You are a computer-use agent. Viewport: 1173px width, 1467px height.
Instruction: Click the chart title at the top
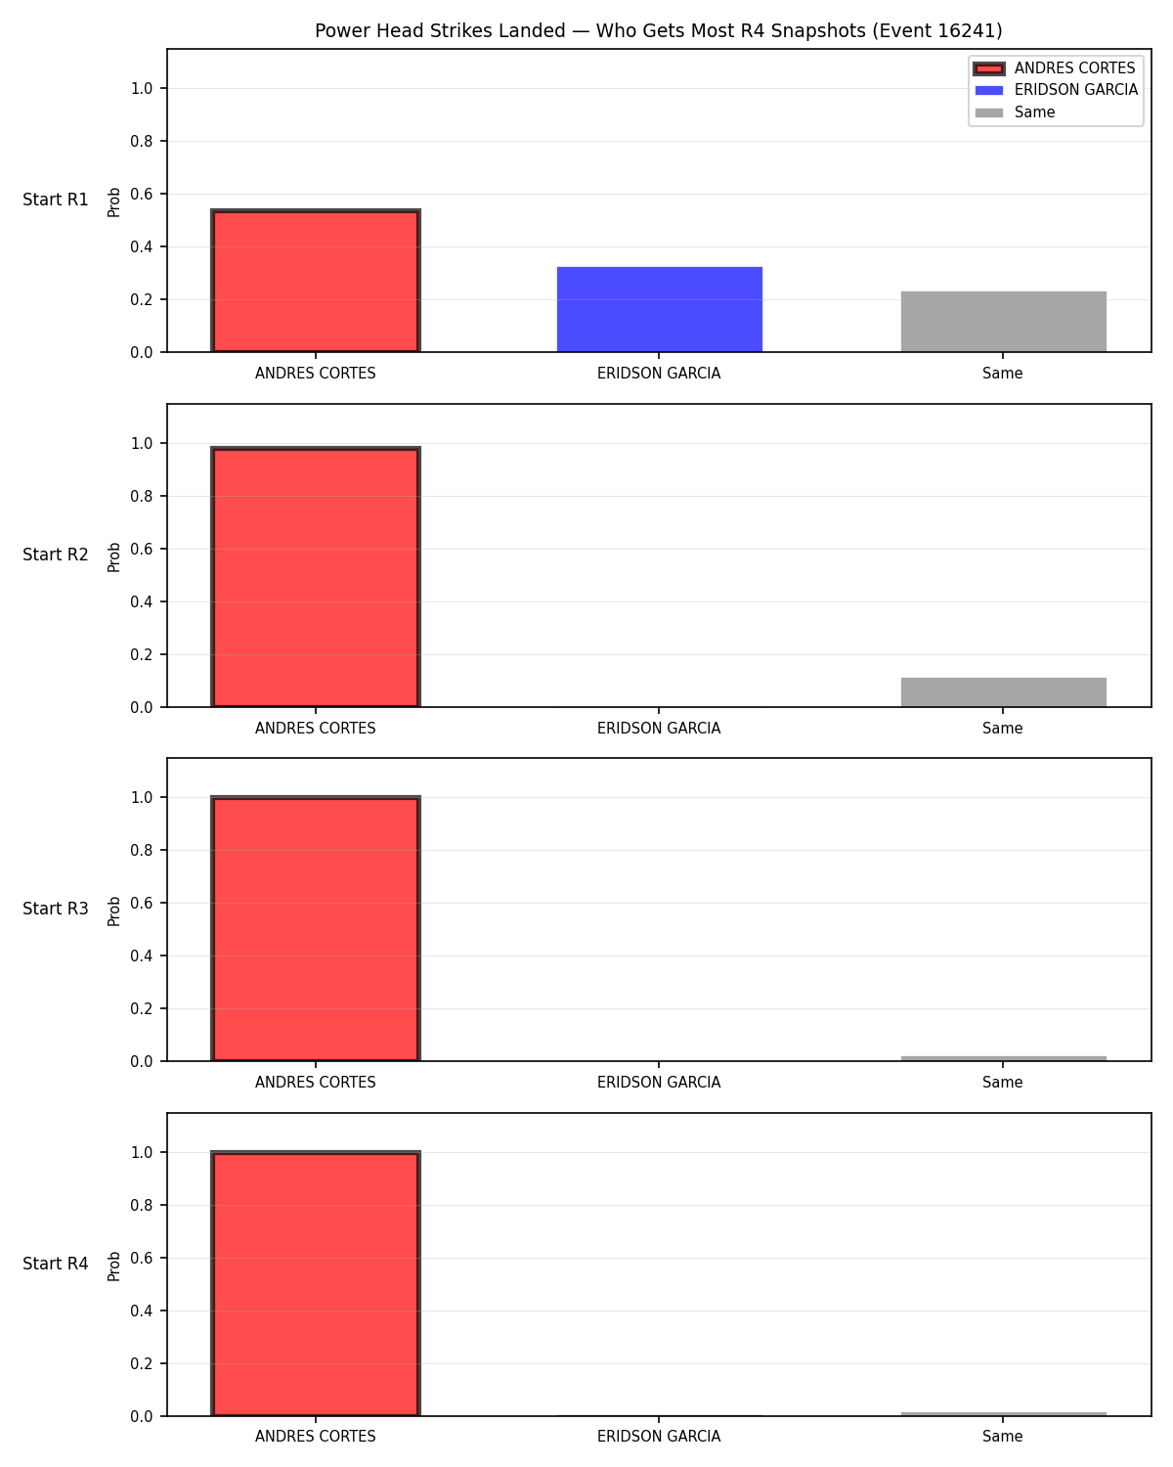(x=658, y=30)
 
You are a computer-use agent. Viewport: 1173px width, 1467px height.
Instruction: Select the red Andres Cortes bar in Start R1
(x=316, y=280)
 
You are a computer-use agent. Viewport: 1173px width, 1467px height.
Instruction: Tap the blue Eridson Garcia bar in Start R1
(x=659, y=309)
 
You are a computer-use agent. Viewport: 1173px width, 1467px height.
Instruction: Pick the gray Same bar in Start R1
(x=1003, y=321)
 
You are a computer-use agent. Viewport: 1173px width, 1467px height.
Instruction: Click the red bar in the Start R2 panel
(x=316, y=577)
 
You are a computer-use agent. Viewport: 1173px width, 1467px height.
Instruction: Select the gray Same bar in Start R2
(x=1003, y=691)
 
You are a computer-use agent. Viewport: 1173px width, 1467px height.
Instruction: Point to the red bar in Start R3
(x=316, y=928)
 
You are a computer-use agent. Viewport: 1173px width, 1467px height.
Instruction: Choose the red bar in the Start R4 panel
(x=316, y=1283)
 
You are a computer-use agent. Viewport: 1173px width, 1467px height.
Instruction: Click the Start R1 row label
(x=55, y=200)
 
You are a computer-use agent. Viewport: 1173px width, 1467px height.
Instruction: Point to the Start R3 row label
(x=55, y=909)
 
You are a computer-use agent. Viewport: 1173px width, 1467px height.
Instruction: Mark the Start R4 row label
(x=55, y=1264)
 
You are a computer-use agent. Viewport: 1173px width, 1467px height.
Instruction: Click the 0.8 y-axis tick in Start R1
(x=141, y=141)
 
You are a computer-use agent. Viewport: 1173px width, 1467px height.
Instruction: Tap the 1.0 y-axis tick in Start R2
(x=141, y=443)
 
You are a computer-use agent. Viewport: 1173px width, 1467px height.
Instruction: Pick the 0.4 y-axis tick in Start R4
(x=141, y=1311)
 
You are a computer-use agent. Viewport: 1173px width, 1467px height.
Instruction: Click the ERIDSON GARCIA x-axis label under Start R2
(x=659, y=728)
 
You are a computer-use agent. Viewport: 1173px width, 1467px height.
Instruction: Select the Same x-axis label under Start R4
(x=1002, y=1437)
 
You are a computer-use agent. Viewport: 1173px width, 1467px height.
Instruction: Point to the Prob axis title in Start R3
(x=113, y=911)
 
